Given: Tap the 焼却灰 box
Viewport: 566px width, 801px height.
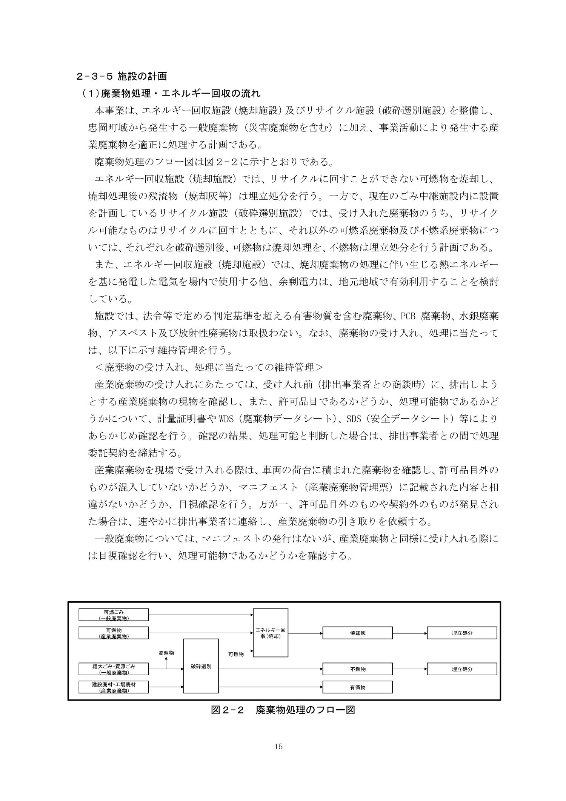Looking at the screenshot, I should [x=357, y=633].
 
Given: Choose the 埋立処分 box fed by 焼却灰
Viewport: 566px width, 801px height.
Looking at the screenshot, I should [x=461, y=633].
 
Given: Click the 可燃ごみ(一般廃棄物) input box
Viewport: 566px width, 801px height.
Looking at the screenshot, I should [x=114, y=615].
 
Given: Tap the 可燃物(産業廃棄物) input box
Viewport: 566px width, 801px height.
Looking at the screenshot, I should [x=114, y=633].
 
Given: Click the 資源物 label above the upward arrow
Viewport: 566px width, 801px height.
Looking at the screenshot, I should [x=166, y=653].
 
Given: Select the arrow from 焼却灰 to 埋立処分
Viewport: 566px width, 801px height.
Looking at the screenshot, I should [x=409, y=633].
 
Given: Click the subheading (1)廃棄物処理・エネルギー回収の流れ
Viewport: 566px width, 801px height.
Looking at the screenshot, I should [x=171, y=93].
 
